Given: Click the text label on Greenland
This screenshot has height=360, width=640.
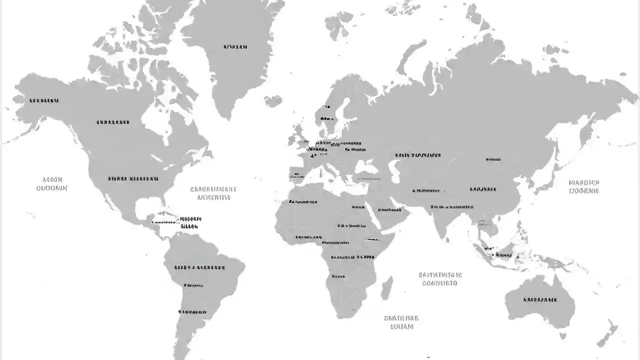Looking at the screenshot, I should (235, 47).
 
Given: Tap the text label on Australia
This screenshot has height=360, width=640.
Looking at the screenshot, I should (539, 300).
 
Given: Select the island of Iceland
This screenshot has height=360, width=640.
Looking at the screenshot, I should (273, 101).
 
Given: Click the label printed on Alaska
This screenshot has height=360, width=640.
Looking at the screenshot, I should (44, 100).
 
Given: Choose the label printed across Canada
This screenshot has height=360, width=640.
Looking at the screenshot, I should (112, 121).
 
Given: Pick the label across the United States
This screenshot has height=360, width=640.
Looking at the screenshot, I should (133, 178).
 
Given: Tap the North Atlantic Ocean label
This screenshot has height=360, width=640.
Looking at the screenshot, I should (213, 193).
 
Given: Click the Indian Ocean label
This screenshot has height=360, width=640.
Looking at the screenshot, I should (439, 278).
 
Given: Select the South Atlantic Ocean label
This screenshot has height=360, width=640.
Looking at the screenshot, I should (401, 322).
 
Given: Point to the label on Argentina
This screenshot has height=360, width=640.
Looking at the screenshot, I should (192, 311).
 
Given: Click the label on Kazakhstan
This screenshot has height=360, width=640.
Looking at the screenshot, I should (418, 155).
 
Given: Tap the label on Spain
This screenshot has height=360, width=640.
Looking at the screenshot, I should (296, 175).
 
